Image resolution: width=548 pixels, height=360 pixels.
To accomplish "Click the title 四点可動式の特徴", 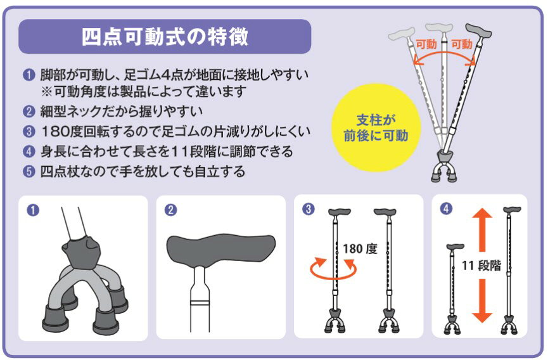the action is tap(165, 37).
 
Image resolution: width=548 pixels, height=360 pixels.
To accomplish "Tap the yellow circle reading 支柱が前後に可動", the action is tap(376, 127).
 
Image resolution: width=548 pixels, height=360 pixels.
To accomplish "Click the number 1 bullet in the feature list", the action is tap(29, 75).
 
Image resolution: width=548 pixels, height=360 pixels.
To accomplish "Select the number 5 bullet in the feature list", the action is tap(29, 172).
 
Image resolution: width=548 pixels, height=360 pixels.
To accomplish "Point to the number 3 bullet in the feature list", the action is tap(29, 132).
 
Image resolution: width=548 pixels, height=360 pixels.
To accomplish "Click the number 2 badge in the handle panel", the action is tap(170, 210).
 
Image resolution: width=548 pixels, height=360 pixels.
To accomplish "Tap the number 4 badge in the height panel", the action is tap(446, 209).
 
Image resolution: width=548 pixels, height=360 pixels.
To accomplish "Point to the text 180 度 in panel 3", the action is tap(360, 249).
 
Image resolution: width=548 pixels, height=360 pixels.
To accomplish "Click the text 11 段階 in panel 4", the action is tap(481, 266).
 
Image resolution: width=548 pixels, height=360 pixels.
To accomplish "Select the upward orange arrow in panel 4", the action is tap(482, 229).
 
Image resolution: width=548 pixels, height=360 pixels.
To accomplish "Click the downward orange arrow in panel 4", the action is tap(482, 300).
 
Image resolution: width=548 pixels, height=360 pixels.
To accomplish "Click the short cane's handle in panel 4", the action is tap(456, 247).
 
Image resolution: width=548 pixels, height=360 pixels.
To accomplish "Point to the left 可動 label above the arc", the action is tap(426, 44).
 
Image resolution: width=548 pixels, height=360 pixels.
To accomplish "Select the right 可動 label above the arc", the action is tap(462, 44).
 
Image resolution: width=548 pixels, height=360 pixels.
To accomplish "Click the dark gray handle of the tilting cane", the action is tap(478, 30).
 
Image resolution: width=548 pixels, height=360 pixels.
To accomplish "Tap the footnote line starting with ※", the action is tap(144, 92).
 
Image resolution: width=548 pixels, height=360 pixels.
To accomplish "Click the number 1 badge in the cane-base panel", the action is tap(33, 210).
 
